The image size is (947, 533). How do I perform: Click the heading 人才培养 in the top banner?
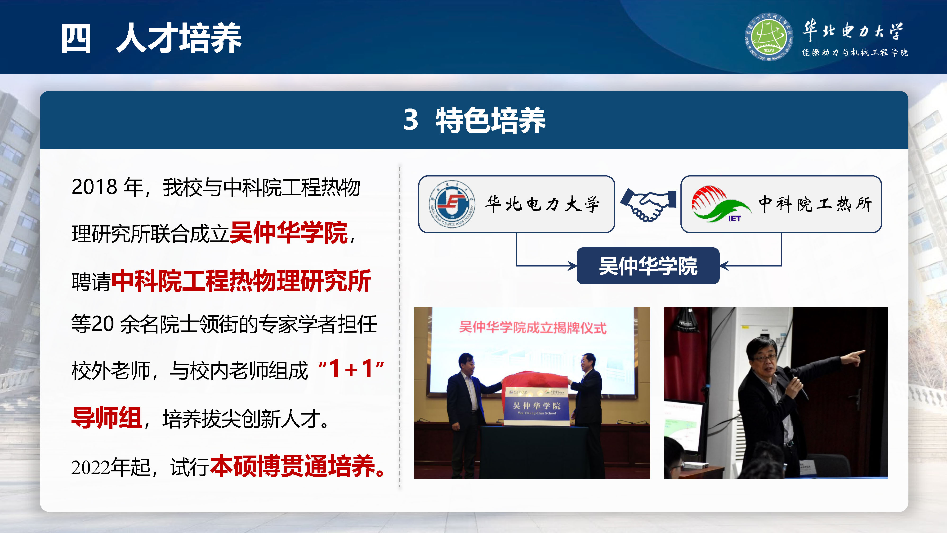pos(179,38)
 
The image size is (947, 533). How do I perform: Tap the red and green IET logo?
pos(719,204)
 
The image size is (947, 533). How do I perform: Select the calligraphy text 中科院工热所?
pos(815,204)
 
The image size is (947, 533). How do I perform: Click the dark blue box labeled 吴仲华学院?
pos(648,266)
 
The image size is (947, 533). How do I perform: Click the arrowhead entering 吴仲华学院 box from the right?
pos(724,266)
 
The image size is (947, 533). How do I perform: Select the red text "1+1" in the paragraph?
pos(351,369)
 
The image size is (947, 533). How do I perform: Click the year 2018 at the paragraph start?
pos(94,187)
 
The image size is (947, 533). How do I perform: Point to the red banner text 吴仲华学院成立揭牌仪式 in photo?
pos(532,327)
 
